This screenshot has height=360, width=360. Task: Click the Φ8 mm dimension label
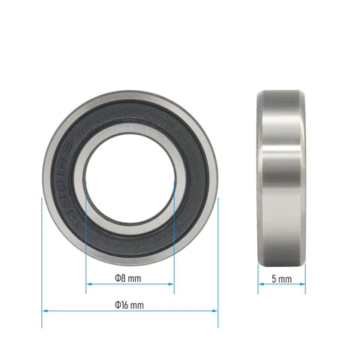pos(129,278)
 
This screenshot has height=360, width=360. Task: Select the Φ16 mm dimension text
pos(129,304)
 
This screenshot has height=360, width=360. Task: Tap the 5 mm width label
pos(281,278)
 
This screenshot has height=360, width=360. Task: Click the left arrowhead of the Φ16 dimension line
pos(44,310)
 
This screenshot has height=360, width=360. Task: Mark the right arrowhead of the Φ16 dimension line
pos(215,310)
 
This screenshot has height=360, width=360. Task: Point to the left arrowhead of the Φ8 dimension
pos(88,284)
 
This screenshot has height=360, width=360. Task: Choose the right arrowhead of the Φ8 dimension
pos(172,284)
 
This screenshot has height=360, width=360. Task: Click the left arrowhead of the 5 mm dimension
pos(261,284)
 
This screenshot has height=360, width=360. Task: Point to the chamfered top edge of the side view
pos(281,93)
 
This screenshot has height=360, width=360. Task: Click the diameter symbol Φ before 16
pos(118,304)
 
